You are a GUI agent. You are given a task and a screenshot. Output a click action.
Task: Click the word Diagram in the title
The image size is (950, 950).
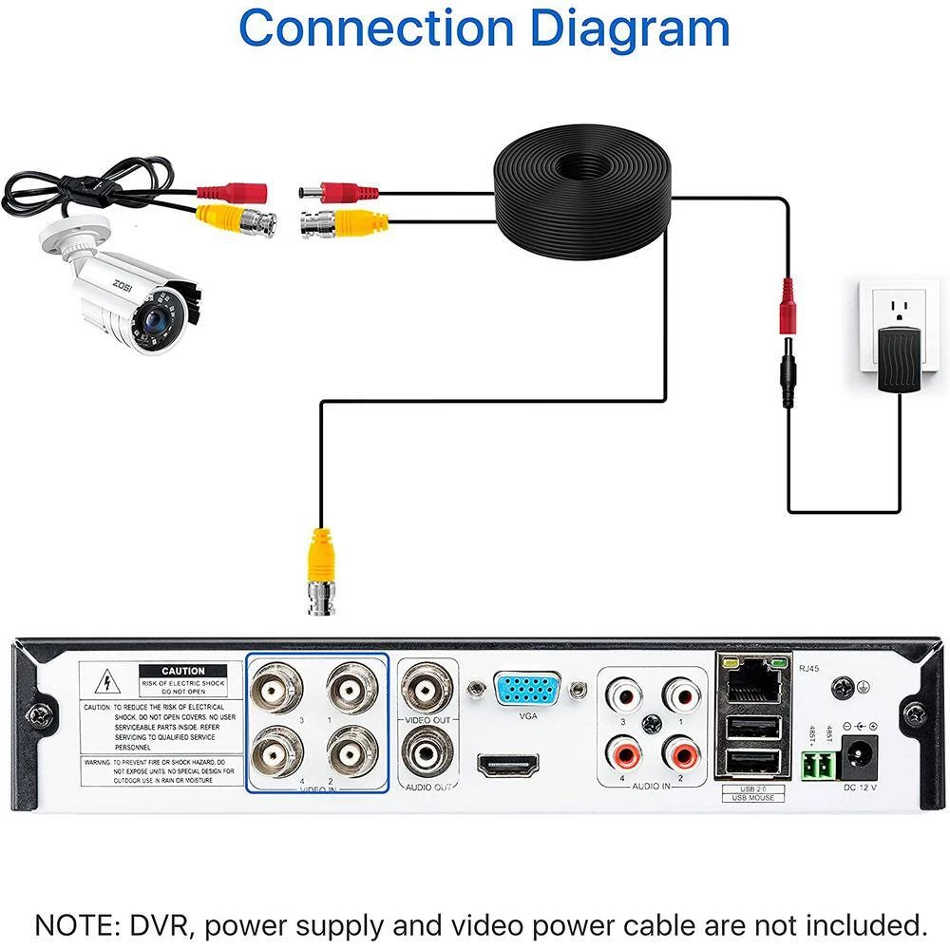[630, 28]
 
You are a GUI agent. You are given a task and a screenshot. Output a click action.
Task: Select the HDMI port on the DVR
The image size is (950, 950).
[507, 765]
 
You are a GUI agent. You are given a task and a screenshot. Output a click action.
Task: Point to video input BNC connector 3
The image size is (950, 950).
[276, 688]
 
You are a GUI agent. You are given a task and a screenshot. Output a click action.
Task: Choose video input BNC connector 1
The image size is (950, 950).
[354, 688]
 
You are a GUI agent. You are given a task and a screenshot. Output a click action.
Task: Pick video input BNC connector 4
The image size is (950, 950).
[276, 750]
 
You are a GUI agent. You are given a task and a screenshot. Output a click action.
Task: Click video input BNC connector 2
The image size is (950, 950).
[354, 750]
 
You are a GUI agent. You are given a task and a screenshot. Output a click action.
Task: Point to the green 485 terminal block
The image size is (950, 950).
[816, 763]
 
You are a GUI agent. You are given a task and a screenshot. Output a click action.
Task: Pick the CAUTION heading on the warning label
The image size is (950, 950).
[183, 671]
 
